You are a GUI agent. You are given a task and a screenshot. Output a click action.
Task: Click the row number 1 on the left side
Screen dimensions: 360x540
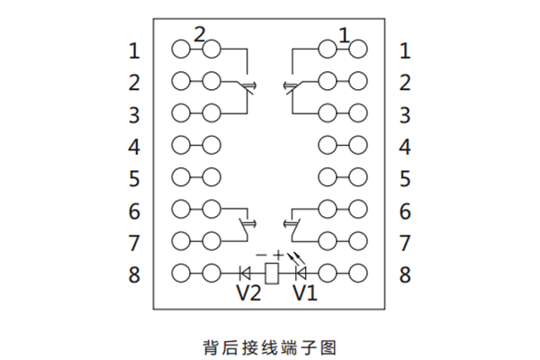click(x=134, y=51)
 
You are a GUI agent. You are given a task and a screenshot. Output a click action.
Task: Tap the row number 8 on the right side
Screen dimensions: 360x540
click(x=405, y=274)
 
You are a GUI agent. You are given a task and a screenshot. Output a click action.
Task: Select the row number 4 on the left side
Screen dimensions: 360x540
click(x=134, y=146)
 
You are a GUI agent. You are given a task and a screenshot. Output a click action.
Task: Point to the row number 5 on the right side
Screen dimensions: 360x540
click(x=405, y=178)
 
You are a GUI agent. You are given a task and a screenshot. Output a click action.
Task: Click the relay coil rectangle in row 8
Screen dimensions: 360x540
click(x=273, y=270)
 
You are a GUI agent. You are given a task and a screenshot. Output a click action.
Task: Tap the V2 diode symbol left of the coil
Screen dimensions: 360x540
click(x=247, y=270)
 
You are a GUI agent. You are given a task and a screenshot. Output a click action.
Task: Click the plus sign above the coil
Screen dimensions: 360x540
click(x=279, y=255)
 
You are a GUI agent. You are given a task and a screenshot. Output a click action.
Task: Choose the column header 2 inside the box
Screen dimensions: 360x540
click(x=200, y=34)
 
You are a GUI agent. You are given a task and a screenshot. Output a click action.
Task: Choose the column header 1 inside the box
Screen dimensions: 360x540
click(x=343, y=34)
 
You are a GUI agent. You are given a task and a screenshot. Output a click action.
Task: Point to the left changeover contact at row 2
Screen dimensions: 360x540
click(x=248, y=86)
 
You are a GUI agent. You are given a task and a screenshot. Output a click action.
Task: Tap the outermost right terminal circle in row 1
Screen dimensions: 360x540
click(x=358, y=49)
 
